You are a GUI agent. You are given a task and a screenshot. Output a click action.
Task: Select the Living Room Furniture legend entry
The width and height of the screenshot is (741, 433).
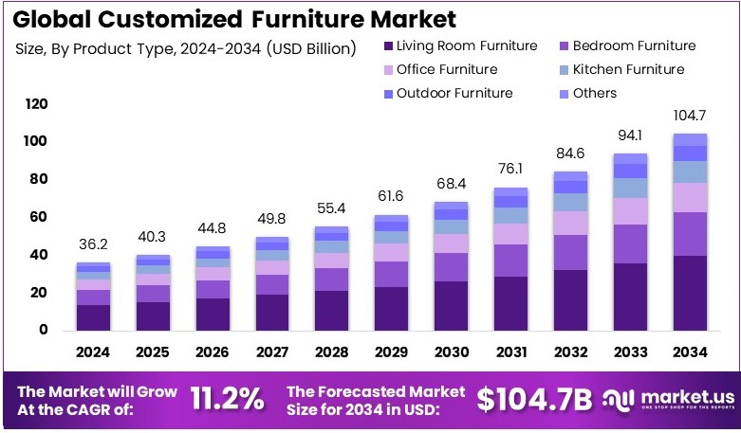click(458, 45)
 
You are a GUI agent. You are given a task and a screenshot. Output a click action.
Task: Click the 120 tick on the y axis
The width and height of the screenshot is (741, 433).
click(36, 103)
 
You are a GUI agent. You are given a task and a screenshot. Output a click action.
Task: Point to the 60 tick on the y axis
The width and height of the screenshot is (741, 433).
click(39, 217)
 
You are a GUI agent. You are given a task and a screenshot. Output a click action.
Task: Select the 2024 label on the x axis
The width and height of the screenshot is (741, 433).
click(94, 352)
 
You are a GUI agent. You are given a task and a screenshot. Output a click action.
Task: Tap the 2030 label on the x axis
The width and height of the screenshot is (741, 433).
click(451, 352)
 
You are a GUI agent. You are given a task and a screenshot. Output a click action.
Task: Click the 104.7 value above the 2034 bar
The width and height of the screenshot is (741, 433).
click(689, 115)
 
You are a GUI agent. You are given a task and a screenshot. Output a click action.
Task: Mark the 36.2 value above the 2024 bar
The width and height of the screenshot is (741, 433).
click(94, 244)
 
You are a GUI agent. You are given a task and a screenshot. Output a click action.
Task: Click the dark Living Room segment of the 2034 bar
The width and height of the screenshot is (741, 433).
click(689, 293)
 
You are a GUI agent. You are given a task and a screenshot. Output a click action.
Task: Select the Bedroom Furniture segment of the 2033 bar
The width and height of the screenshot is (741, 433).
click(629, 244)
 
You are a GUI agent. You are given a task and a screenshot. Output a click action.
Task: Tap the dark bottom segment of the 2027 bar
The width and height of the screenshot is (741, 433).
click(272, 312)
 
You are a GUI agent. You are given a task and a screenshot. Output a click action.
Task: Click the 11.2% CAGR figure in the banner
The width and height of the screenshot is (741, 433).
click(227, 400)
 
